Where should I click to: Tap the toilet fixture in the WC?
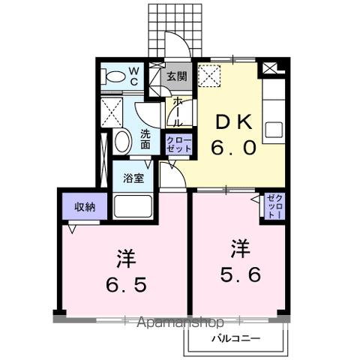click(115, 76)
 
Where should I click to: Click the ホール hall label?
click(178, 111)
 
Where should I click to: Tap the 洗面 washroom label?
click(145, 140)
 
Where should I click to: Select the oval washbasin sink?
click(121, 142)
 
